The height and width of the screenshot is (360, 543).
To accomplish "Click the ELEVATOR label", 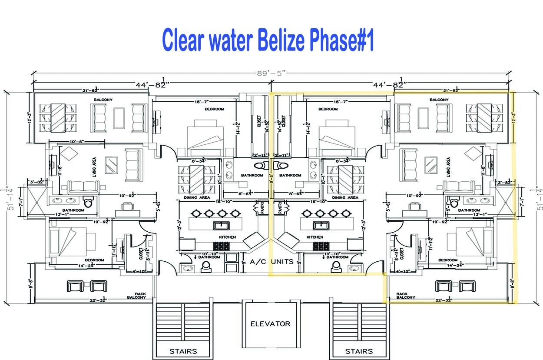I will click(270, 323).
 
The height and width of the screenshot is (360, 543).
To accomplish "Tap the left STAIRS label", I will click(183, 351).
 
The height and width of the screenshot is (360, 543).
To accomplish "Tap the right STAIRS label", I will click(359, 351).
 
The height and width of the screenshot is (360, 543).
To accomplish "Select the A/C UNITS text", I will click(272, 262).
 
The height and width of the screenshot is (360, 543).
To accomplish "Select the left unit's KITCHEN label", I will click(227, 237).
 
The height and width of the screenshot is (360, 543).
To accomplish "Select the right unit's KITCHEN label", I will click(315, 237).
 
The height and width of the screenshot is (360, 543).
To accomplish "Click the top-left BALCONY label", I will click(103, 100).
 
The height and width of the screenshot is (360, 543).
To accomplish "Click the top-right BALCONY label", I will click(439, 100).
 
